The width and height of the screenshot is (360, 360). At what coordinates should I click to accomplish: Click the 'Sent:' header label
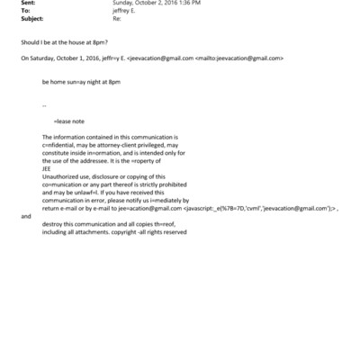pyautogui.click(x=28, y=3)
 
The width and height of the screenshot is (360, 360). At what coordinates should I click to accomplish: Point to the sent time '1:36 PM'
pyautogui.click(x=188, y=3)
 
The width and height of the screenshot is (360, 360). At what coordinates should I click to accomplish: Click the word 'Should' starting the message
pyautogui.click(x=30, y=42)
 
